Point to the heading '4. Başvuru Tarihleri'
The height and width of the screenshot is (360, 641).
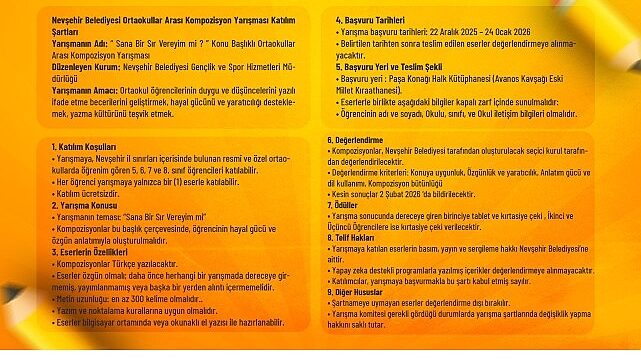370,19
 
